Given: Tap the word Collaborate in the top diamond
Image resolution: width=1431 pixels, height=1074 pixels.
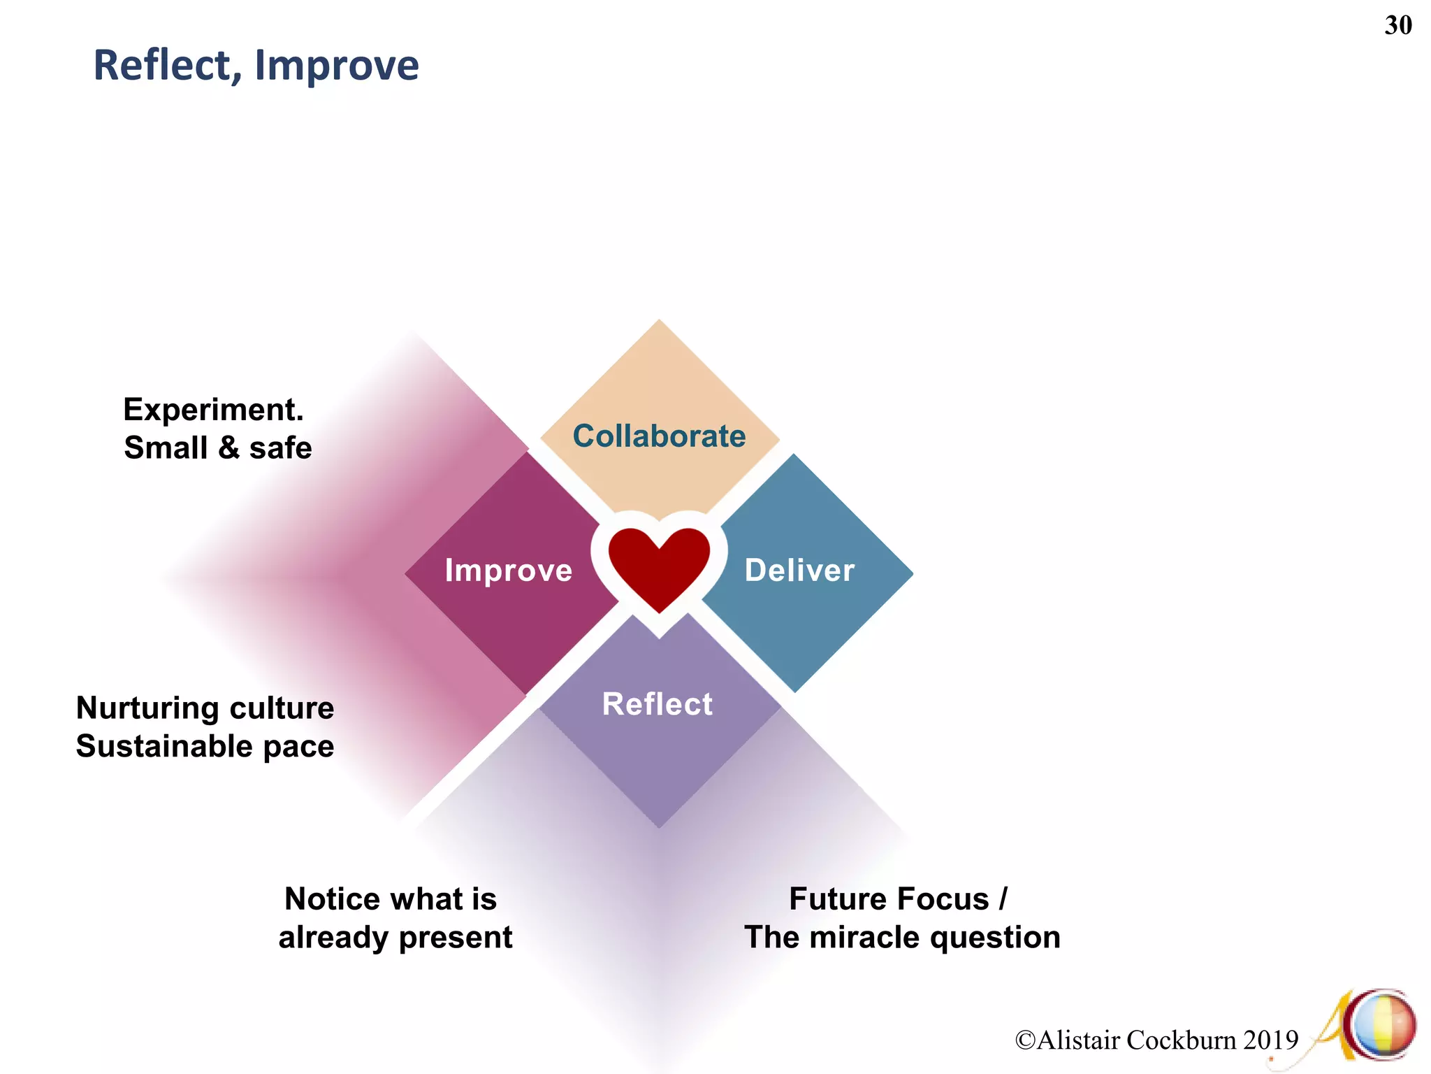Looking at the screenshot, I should [x=659, y=436].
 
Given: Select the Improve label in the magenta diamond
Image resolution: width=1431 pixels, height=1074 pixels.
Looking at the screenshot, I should [x=509, y=571].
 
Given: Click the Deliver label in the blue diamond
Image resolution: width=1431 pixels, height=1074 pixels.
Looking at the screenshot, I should [x=799, y=571].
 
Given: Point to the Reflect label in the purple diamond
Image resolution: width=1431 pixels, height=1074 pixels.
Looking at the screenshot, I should [x=658, y=704].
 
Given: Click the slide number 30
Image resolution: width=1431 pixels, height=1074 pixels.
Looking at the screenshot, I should [x=1397, y=26].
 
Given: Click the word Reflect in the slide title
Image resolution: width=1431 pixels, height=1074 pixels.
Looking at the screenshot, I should [x=161, y=66].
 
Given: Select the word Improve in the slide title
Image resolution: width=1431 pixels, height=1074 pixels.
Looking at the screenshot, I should [x=337, y=66].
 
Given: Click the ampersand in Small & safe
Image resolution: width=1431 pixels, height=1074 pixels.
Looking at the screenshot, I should [x=228, y=448].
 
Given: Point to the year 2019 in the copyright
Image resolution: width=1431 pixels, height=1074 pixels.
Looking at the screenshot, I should [x=1270, y=1040].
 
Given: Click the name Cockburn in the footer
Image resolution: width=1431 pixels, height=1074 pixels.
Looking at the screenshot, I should [x=1181, y=1040].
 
